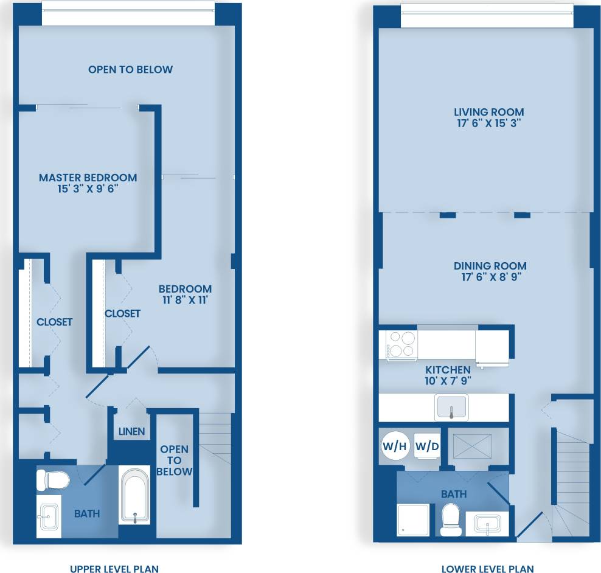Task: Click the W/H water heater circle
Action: coord(394,446)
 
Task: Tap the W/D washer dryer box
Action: coord(427,446)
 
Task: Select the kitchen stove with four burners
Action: coord(400,344)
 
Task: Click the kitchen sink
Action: coord(451,407)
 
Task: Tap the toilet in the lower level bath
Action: coord(451,516)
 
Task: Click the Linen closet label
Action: coord(131,431)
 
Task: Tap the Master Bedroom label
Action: coord(88,178)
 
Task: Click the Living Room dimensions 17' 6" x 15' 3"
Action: coord(489,123)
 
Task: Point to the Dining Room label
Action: coord(490,266)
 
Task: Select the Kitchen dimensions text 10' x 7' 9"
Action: coord(448,381)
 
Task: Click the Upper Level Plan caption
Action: coord(114,569)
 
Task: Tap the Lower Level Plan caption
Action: coord(488,569)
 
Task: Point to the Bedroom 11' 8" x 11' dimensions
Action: coord(185,299)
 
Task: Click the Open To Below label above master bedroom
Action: coord(130,69)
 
